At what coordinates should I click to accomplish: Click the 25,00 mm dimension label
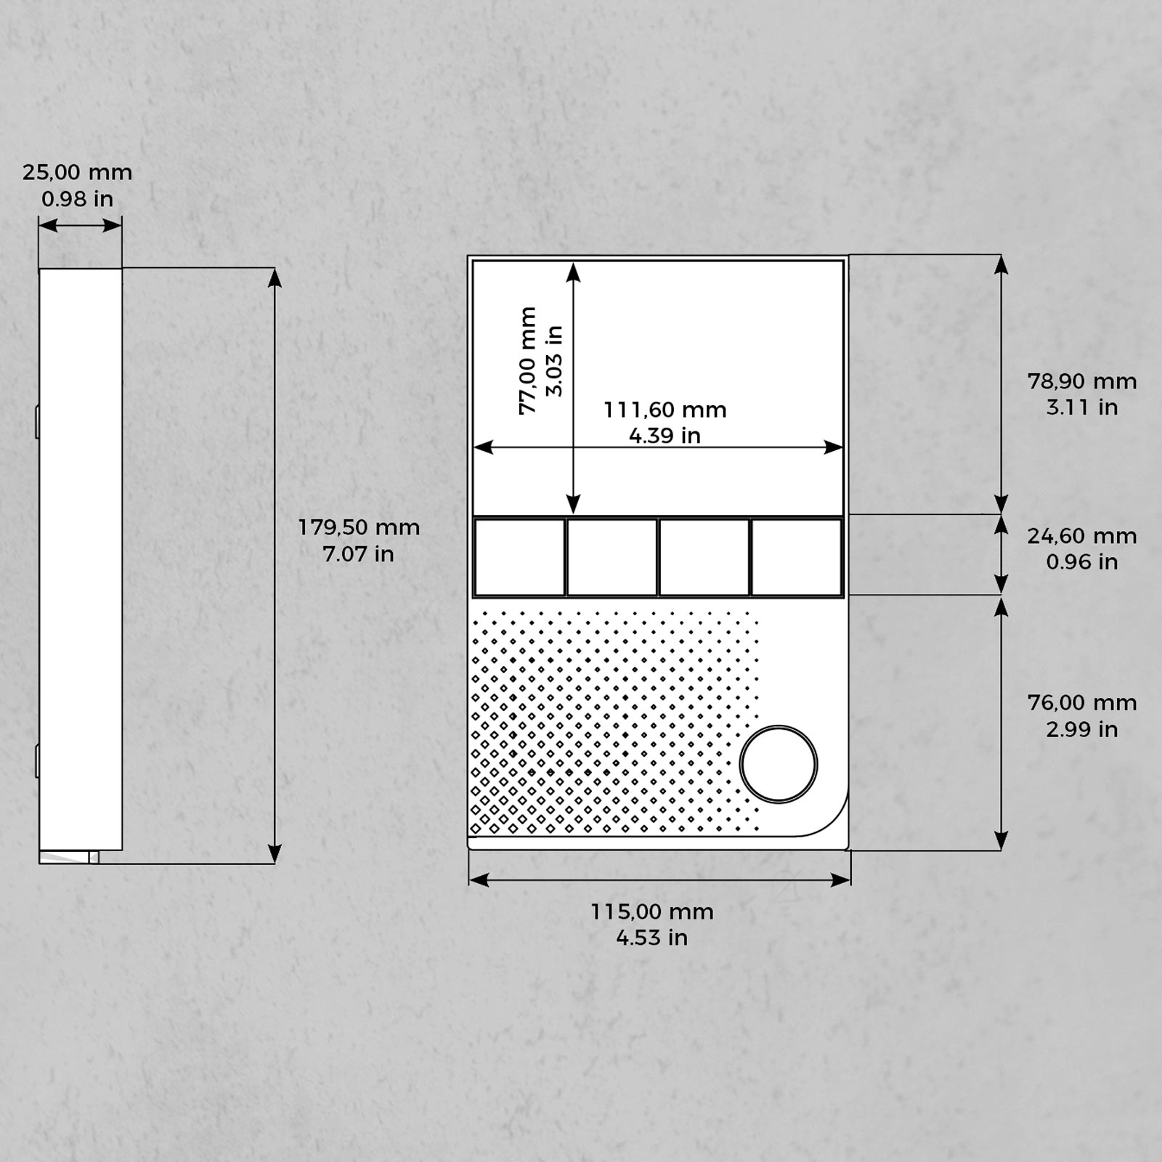coord(78,173)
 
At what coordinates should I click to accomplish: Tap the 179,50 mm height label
coord(359,527)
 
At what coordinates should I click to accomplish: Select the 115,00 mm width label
coord(651,911)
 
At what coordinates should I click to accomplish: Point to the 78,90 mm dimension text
coord(1081,381)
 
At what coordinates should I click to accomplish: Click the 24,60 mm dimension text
coord(1081,536)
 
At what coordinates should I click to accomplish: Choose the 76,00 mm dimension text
coord(1081,703)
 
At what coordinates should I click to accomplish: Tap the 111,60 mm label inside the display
coord(665,410)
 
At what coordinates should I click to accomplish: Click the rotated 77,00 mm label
coord(528,361)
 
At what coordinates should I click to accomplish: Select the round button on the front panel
coord(779,764)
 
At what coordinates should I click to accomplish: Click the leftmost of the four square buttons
coord(519,558)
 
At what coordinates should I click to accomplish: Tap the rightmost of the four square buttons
coord(797,558)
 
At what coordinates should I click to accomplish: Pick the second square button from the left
coord(612,558)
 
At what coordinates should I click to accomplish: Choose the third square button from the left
coord(704,558)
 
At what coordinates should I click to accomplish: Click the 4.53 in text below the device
coord(651,938)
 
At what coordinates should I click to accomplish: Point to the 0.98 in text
coord(77,199)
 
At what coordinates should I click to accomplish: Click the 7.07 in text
coord(358,554)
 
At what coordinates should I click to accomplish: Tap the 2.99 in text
coord(1081,729)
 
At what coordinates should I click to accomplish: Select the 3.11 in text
coord(1081,407)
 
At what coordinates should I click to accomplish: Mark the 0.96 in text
coord(1081,562)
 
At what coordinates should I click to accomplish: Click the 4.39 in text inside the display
coord(665,436)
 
